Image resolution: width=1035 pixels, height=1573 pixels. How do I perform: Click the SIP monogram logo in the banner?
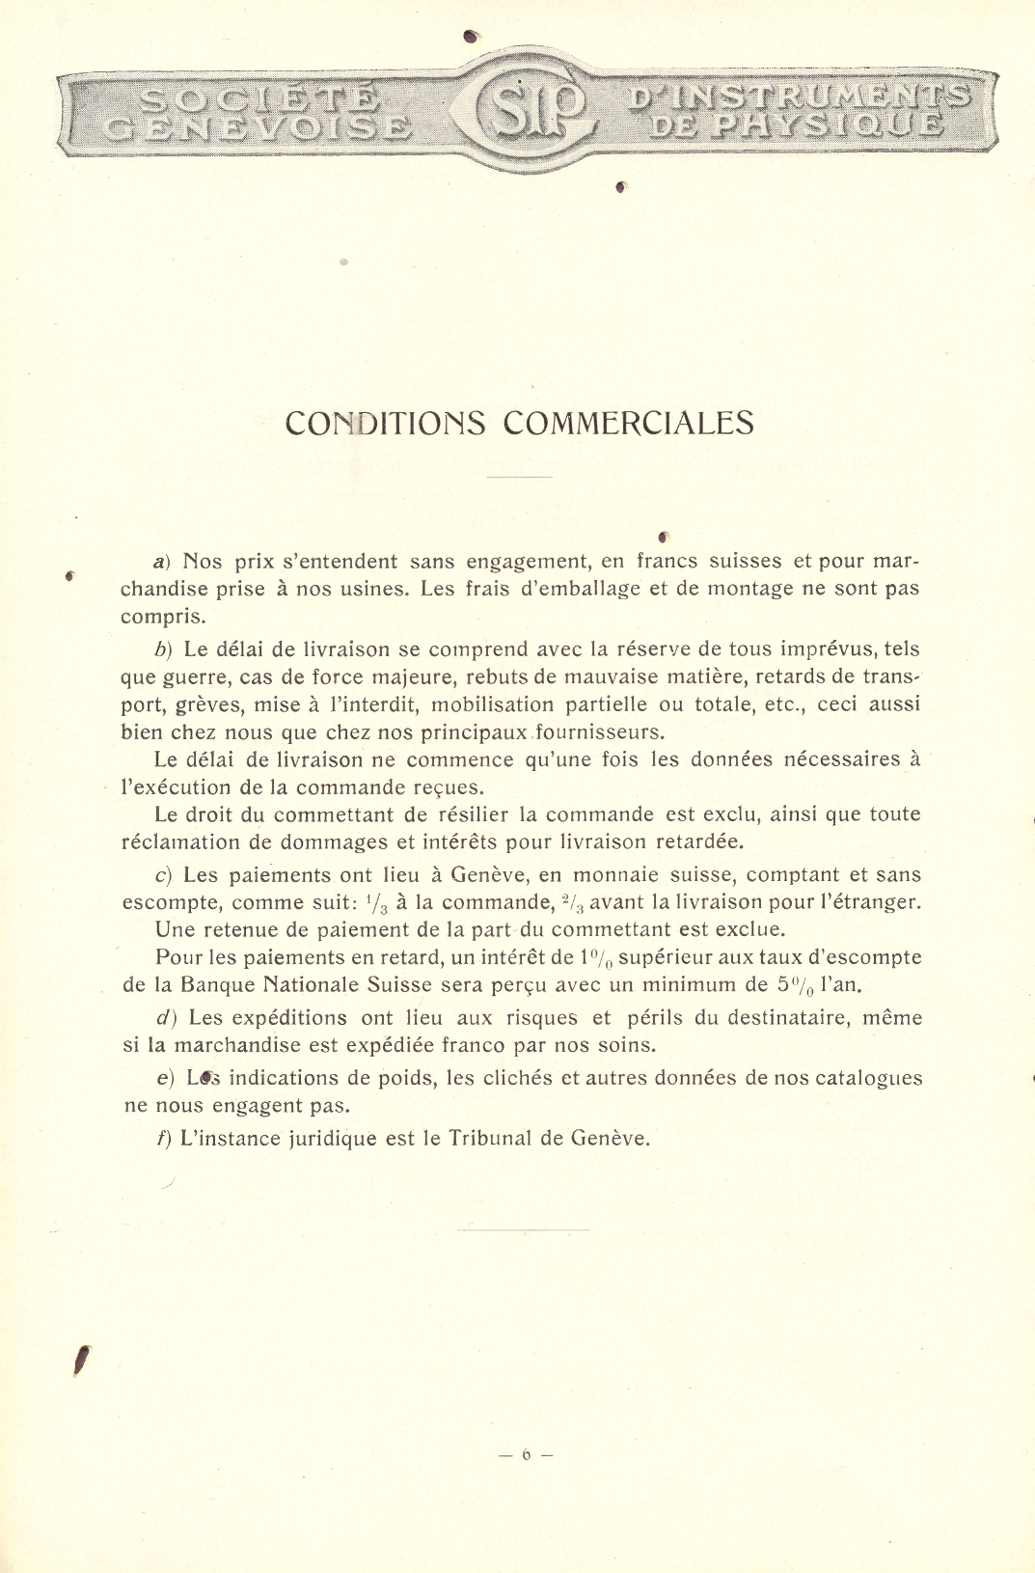tap(528, 111)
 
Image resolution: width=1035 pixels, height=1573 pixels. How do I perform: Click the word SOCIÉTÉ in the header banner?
tap(259, 98)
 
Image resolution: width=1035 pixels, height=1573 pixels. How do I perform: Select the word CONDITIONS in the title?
tap(385, 423)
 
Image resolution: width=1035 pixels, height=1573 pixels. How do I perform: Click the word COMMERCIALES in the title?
tap(629, 423)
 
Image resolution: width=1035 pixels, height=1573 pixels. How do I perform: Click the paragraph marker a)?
tap(161, 562)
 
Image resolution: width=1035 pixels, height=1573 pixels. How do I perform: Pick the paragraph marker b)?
tap(162, 649)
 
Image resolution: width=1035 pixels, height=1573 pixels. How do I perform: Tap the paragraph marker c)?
tap(163, 875)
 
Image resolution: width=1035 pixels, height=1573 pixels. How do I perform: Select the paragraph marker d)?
tap(164, 1018)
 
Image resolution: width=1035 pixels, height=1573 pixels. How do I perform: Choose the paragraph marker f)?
tap(163, 1139)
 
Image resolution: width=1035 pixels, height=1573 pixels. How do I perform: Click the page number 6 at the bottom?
tap(527, 1454)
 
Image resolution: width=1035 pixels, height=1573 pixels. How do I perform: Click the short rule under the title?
tap(519, 477)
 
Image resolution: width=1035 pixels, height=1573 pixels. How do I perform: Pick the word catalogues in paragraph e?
tap(868, 1078)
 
